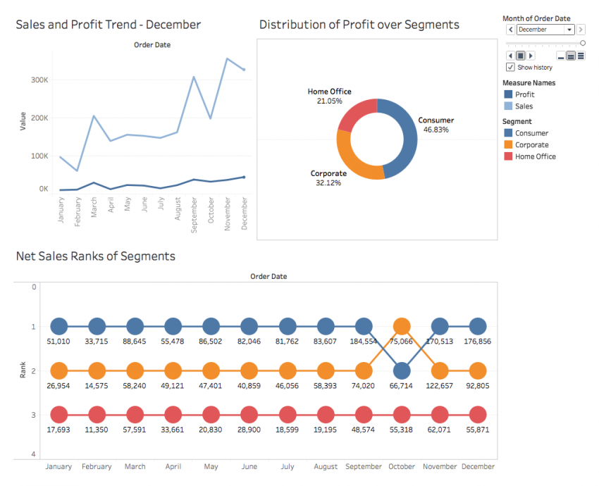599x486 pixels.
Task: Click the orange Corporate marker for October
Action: click(402, 326)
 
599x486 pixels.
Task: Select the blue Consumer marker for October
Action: click(402, 370)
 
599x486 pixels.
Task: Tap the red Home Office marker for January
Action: click(59, 415)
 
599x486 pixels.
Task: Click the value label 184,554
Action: click(364, 342)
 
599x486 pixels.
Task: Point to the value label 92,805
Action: click(478, 386)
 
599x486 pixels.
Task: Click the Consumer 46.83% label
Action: click(436, 125)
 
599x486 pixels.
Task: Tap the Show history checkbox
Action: click(510, 67)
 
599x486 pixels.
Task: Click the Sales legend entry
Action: click(524, 106)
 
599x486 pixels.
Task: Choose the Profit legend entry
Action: click(524, 94)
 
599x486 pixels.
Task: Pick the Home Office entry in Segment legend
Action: click(535, 156)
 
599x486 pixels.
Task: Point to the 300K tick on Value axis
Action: click(39, 80)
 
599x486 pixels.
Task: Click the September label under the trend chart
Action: click(194, 209)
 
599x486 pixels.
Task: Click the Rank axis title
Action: click(23, 370)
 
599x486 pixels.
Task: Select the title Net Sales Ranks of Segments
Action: click(95, 256)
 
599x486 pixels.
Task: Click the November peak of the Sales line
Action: click(227, 58)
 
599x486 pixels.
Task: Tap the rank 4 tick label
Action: click(32, 454)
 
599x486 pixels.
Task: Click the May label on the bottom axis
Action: click(211, 466)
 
